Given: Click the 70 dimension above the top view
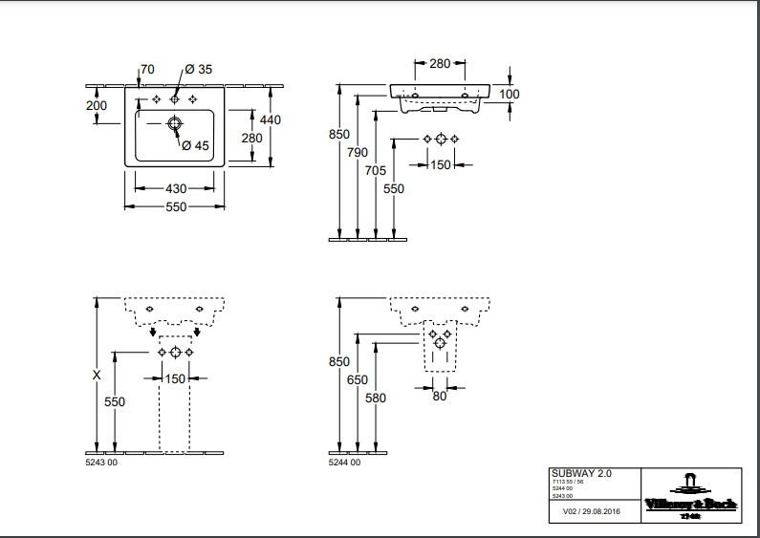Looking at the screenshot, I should (147, 70).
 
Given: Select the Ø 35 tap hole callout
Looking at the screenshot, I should (199, 70).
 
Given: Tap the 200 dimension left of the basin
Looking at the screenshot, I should (97, 105).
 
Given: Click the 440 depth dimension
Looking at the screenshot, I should (271, 119).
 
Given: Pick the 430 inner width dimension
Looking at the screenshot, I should (175, 188).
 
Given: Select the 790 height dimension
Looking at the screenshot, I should (358, 153).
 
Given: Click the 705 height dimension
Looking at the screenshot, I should (376, 170).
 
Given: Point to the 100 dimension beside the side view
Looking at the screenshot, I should (510, 94).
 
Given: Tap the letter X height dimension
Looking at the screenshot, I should (97, 376).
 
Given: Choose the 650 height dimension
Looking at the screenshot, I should (358, 380).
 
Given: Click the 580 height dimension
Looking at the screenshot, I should (376, 398).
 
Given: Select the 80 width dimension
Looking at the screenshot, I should (439, 396).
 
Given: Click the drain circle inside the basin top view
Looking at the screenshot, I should (175, 124).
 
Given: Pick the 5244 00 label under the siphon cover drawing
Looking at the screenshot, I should (344, 463).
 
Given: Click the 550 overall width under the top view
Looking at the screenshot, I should (175, 206).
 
